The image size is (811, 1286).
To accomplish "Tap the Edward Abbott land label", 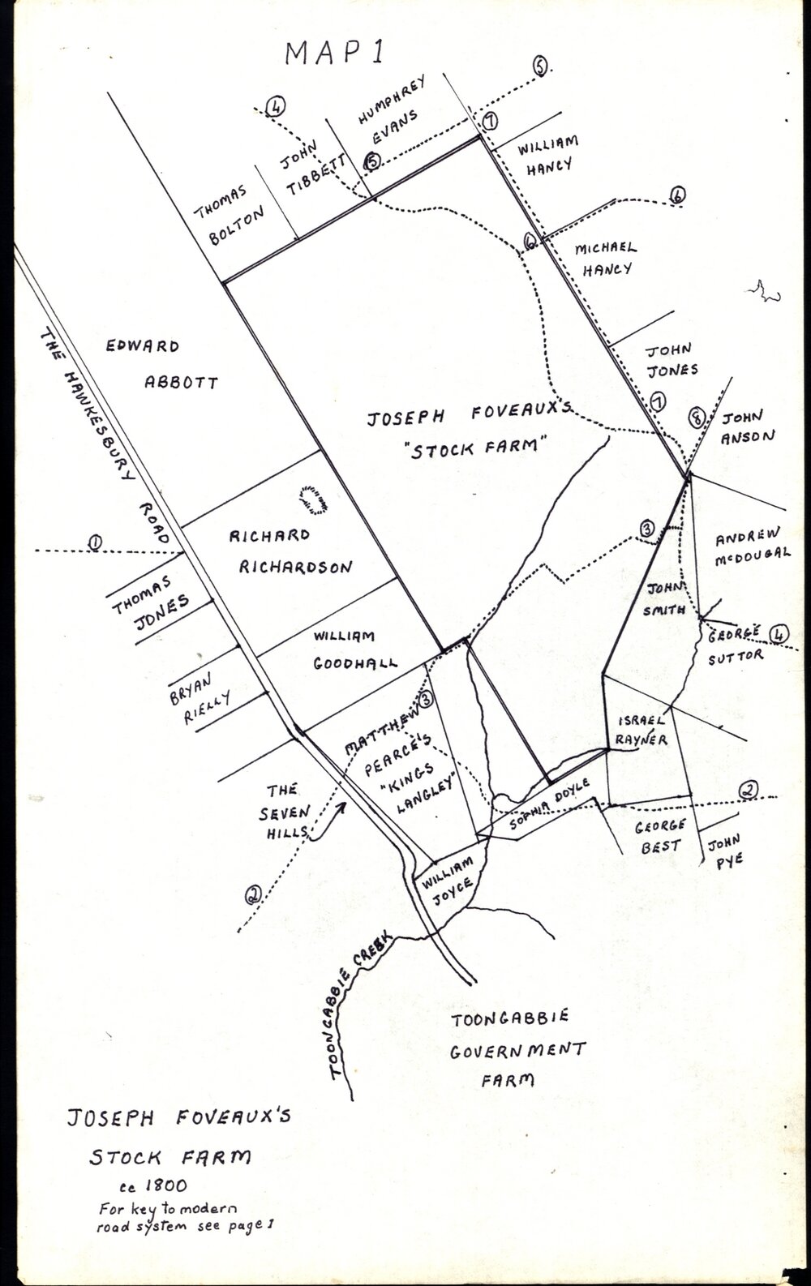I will tap(163, 364).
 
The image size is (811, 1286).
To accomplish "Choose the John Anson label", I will tap(746, 427).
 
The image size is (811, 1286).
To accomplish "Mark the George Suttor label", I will tap(734, 644).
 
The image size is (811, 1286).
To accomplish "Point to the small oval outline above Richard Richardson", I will tap(313, 498).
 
